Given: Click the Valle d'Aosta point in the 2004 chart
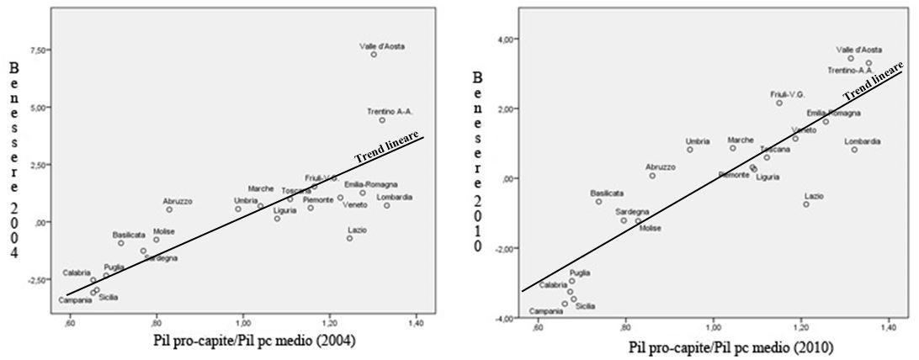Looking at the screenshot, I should [374, 55].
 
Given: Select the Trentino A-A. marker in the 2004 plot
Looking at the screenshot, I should [382, 120].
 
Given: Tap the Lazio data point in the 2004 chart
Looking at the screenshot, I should [350, 238].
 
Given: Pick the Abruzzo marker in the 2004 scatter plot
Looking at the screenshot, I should [169, 209].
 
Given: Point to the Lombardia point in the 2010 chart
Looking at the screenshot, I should [854, 150].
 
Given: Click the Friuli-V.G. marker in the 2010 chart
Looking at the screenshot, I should [779, 103].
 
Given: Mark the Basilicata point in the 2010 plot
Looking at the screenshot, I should [599, 202].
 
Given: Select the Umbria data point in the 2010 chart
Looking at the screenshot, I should [690, 150].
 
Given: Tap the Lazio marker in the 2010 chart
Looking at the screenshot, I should [805, 204].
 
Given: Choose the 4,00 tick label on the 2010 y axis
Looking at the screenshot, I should [504, 39].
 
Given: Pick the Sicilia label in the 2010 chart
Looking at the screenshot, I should [585, 305].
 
